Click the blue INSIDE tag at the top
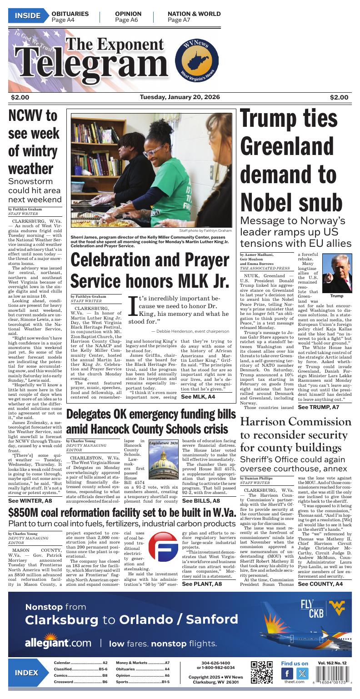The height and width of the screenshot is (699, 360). point(27,16)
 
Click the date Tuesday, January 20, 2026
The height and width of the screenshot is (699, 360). point(180,97)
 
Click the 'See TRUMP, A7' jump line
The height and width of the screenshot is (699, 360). point(318,407)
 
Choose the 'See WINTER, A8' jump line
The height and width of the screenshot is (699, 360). point(30,500)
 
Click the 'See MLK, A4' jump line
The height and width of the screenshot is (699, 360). point(198,397)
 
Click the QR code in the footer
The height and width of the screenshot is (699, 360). point(262,673)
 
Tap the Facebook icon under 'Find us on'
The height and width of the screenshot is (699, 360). point(287,674)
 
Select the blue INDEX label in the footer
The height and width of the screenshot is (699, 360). point(26,673)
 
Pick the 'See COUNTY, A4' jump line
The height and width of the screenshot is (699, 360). point(320,584)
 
